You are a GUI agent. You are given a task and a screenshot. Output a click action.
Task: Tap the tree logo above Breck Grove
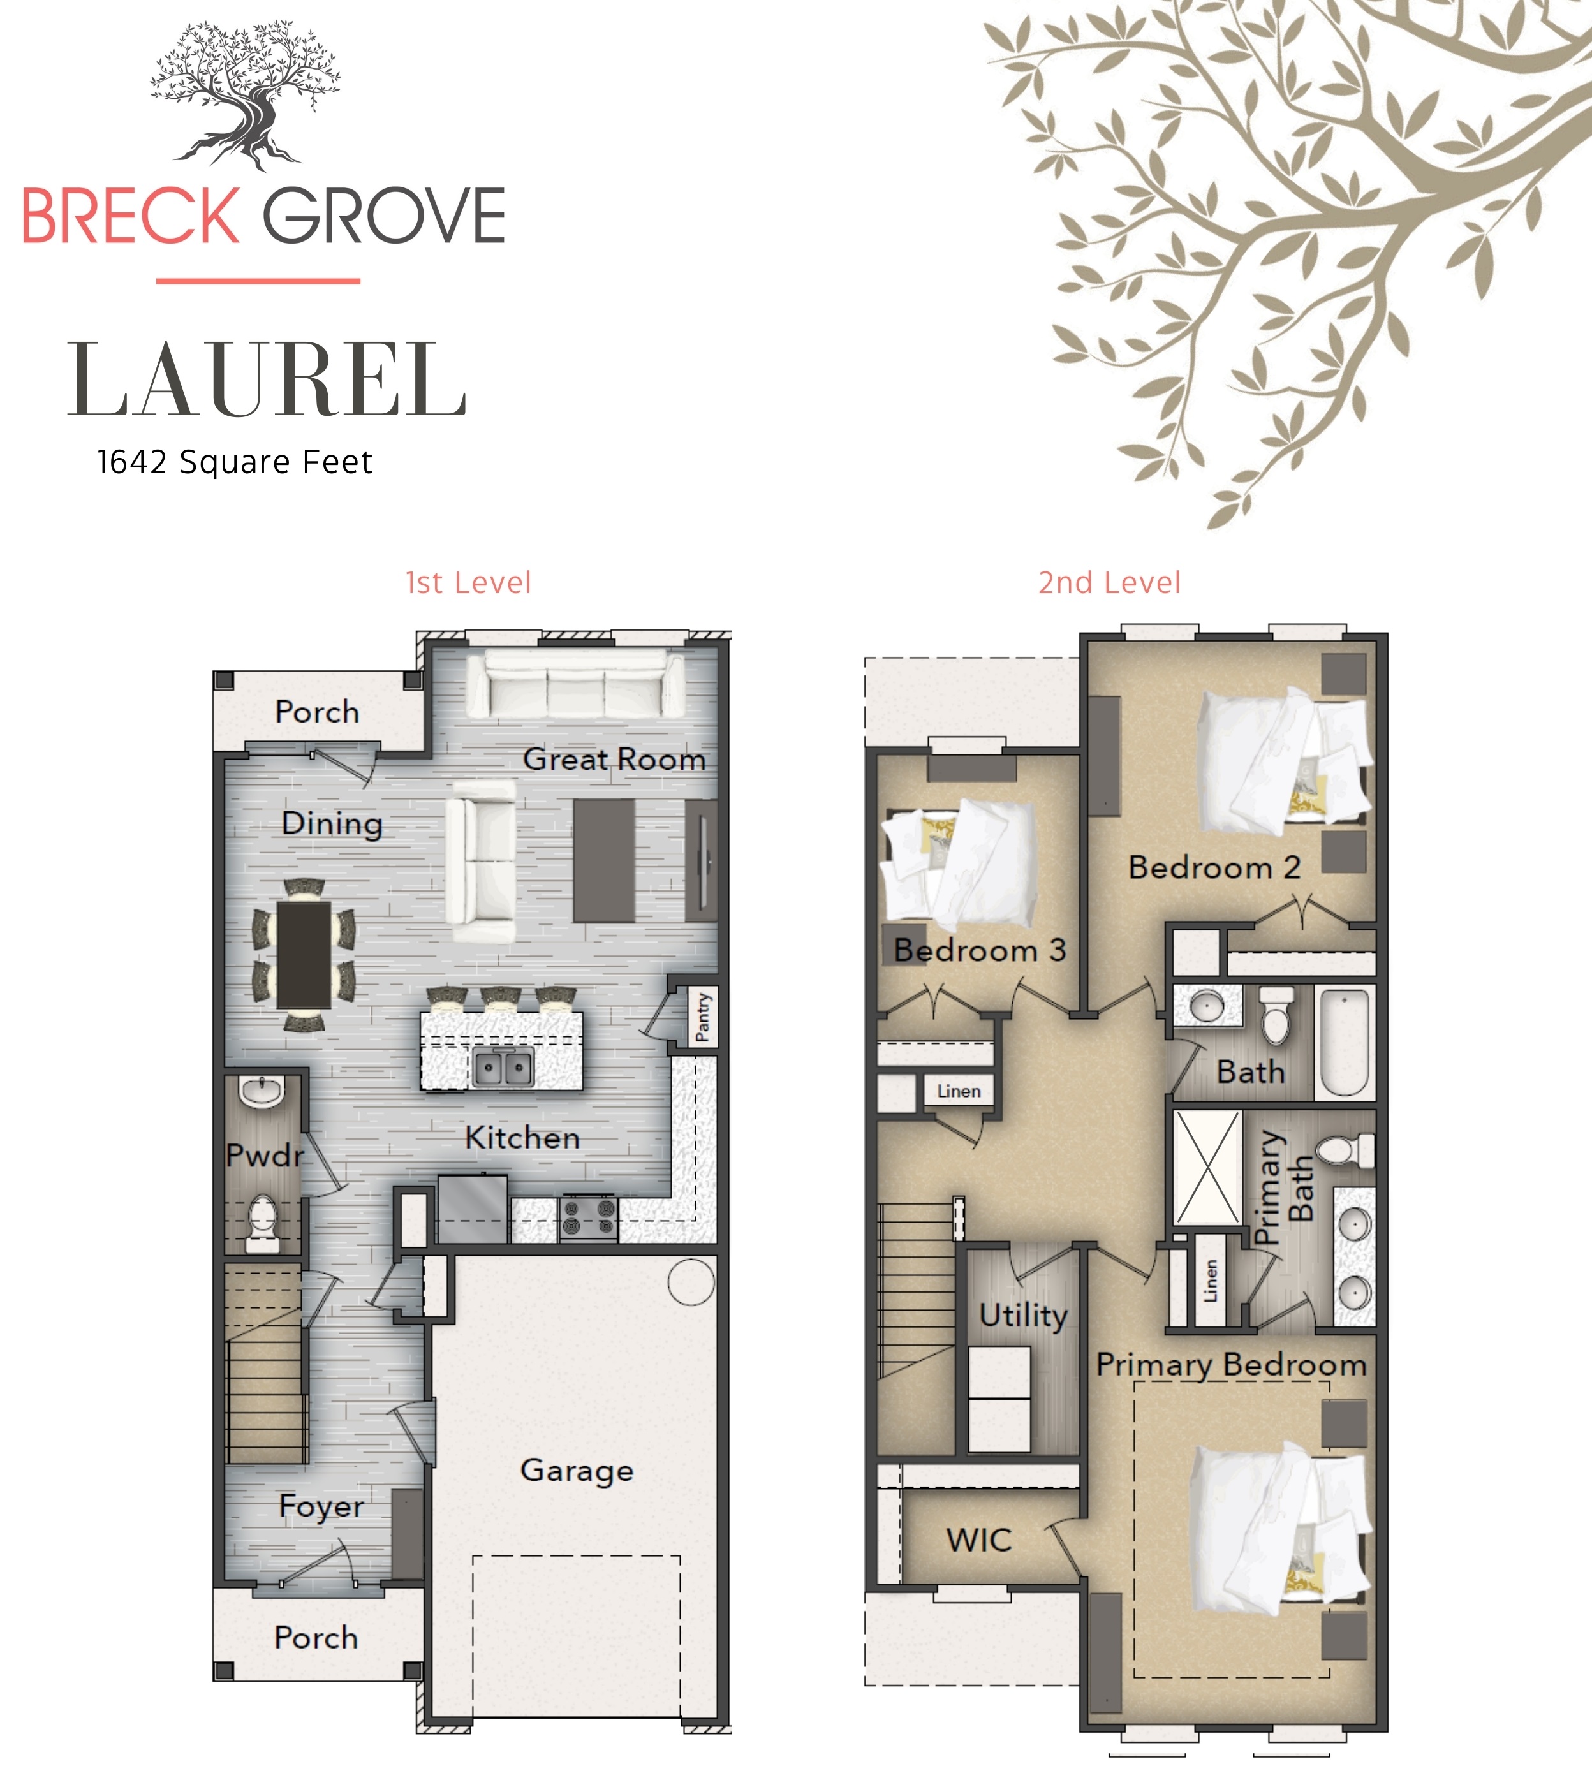click(x=246, y=94)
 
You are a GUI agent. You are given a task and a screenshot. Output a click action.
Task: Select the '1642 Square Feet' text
click(x=235, y=462)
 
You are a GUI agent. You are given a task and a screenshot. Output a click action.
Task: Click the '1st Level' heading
click(x=468, y=582)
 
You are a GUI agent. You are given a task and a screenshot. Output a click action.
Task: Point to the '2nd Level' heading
click(x=1109, y=582)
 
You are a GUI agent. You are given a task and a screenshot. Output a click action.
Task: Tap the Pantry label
click(x=702, y=1017)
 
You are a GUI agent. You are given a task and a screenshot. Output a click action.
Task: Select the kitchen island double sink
click(x=503, y=1068)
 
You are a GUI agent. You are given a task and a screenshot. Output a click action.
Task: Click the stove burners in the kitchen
click(x=589, y=1218)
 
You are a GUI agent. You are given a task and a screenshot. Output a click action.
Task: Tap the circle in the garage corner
click(x=691, y=1282)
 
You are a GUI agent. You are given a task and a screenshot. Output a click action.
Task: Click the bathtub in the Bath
click(x=1344, y=1041)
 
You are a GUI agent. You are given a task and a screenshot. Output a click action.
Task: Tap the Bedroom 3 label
click(x=980, y=950)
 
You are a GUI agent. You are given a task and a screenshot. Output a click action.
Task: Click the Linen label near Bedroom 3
click(x=959, y=1091)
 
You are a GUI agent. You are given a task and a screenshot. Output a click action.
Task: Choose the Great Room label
click(x=614, y=759)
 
